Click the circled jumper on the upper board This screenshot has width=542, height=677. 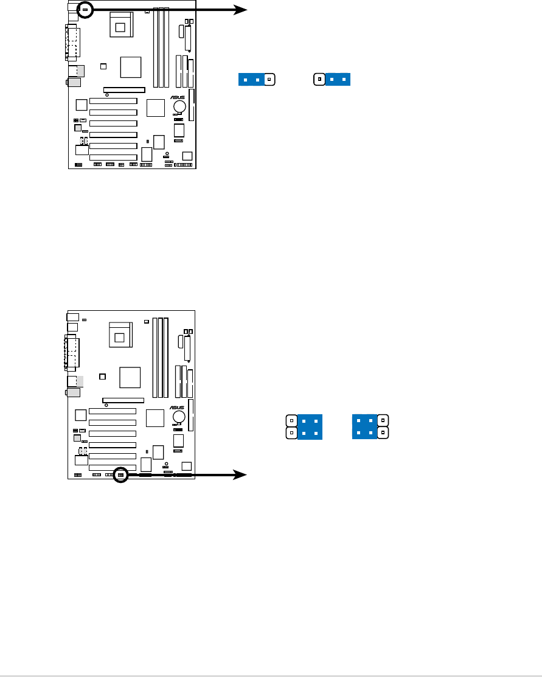[85, 10]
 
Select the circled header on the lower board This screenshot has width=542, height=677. [120, 474]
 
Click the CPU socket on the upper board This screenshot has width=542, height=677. [120, 26]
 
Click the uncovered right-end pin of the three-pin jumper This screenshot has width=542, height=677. [269, 79]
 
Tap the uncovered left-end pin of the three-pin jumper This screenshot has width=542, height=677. [319, 79]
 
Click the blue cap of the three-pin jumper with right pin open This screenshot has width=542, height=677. [251, 79]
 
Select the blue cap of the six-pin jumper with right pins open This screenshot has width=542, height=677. [365, 426]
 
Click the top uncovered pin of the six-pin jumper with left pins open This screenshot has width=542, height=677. [292, 420]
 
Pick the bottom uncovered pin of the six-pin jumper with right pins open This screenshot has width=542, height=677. [382, 433]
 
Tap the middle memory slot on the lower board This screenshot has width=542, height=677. [160, 356]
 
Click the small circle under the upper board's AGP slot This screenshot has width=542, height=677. [106, 95]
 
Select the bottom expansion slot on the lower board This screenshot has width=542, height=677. [113, 467]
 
